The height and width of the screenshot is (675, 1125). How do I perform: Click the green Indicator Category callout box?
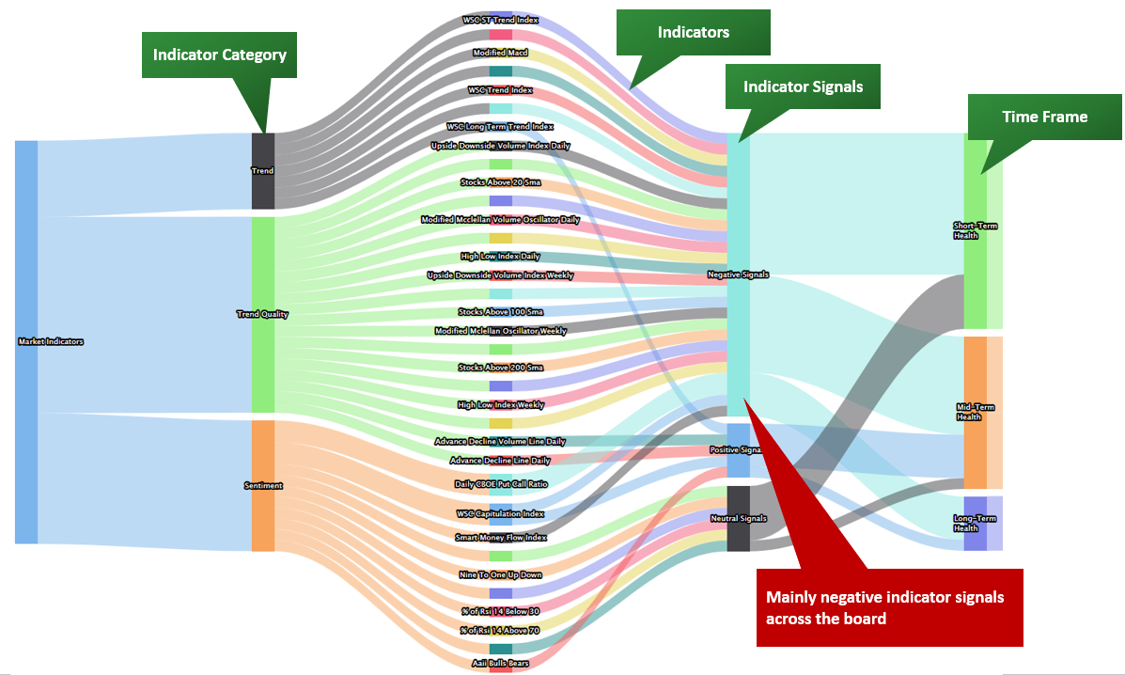point(219,55)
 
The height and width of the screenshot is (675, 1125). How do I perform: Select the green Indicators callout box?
point(693,33)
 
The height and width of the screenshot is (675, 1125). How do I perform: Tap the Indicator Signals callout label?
point(804,86)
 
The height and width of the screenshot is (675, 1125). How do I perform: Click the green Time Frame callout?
point(1044,118)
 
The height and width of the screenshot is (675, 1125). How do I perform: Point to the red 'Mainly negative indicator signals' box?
point(889,607)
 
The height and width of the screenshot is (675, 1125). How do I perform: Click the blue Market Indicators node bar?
point(26,341)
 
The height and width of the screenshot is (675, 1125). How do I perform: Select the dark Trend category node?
point(263,171)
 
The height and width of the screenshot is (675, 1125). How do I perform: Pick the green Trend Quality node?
point(263,314)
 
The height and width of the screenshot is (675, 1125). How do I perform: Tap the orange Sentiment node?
point(263,485)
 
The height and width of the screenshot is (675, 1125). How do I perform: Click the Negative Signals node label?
point(738,275)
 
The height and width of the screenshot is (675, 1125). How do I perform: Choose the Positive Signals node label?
point(738,450)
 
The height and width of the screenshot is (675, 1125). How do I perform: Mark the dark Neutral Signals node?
point(739,518)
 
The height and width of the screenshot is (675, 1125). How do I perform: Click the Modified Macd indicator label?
point(500,53)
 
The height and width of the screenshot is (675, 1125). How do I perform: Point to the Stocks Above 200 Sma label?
point(500,368)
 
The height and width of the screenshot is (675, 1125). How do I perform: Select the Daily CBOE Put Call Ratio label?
point(500,484)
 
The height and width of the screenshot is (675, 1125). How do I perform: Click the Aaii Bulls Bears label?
point(500,663)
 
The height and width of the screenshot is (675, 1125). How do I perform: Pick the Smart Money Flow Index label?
point(500,538)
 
